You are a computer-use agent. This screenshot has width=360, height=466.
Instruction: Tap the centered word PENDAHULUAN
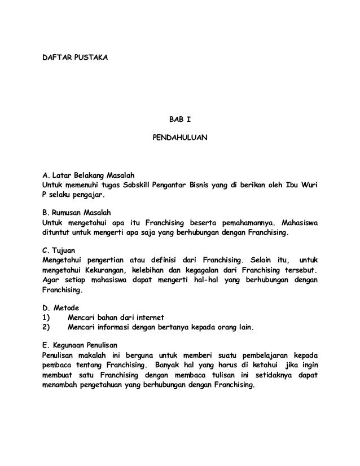[x=180, y=137]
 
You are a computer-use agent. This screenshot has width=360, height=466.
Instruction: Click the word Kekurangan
[x=107, y=271]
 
